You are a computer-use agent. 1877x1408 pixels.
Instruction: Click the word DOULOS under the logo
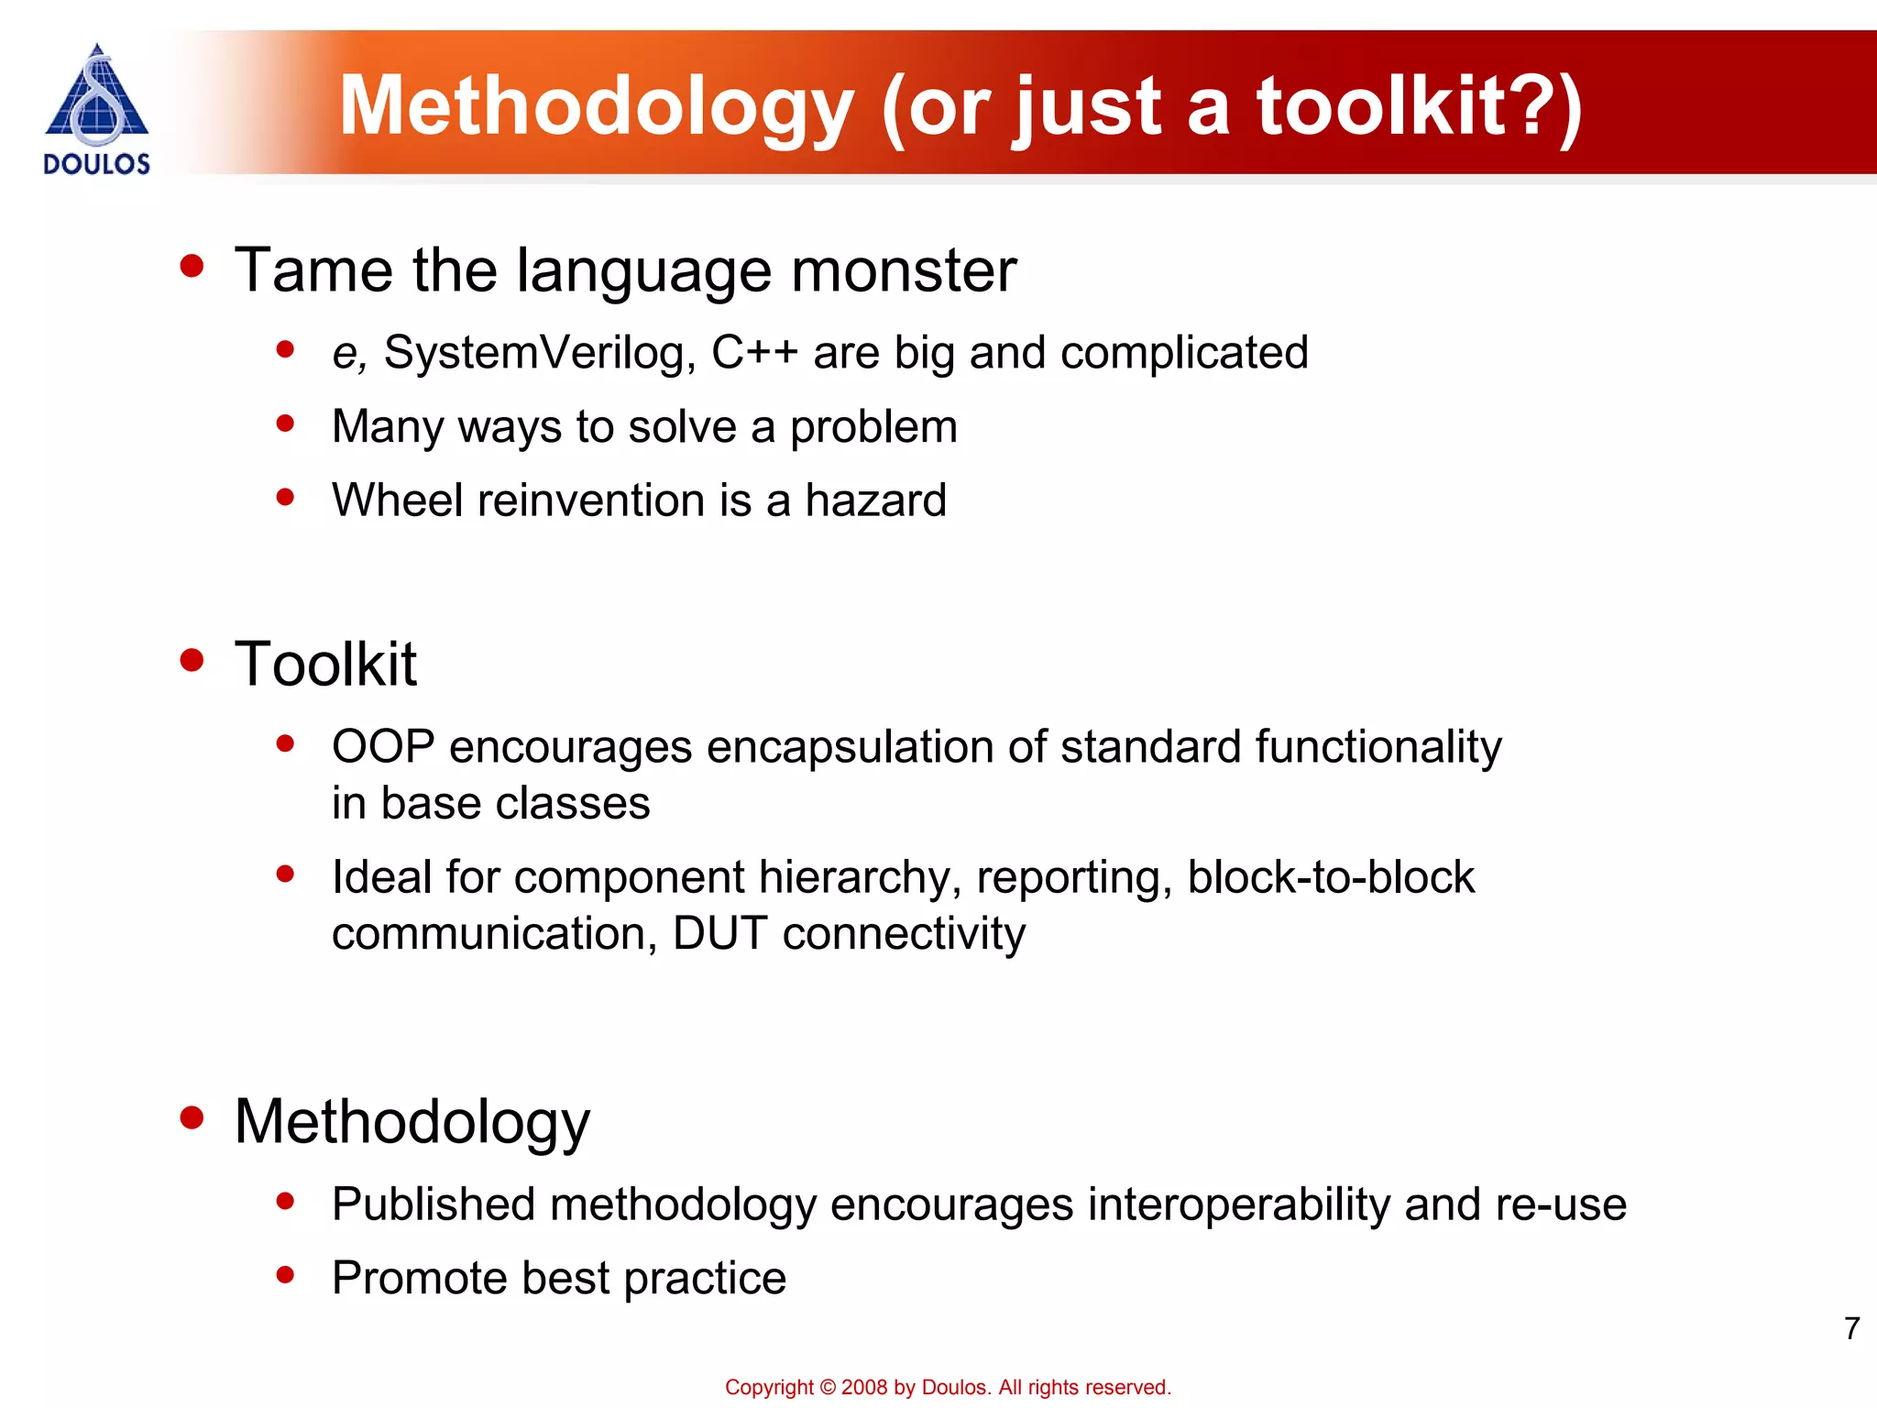(96, 164)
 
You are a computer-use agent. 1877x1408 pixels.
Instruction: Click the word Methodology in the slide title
(597, 107)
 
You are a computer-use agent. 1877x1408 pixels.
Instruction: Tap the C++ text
(753, 353)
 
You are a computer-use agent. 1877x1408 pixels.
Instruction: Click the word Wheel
(397, 500)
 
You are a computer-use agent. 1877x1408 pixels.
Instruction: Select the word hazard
(875, 500)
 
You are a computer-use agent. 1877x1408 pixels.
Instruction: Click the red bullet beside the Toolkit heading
(192, 661)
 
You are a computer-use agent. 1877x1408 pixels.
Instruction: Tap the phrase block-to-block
(1331, 877)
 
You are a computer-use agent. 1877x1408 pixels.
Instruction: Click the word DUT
(719, 934)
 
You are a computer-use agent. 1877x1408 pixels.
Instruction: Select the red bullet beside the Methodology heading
(192, 1117)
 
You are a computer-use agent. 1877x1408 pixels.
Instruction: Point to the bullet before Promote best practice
(285, 1274)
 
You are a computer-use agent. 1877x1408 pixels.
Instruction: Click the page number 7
(1851, 1328)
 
